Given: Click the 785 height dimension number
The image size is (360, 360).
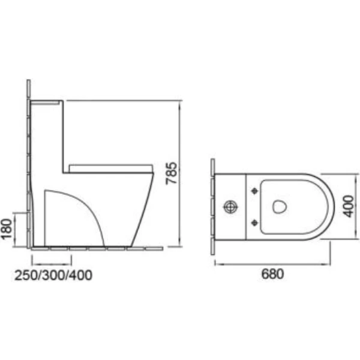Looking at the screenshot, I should tap(171, 174).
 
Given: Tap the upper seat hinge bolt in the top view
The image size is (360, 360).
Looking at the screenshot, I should tap(254, 191).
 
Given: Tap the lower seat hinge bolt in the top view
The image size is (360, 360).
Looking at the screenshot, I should tap(254, 223).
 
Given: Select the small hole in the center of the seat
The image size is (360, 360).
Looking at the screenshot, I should tap(277, 206).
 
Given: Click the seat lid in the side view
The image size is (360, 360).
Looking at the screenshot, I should tap(111, 166).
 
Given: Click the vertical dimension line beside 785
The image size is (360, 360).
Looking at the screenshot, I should tap(181, 174).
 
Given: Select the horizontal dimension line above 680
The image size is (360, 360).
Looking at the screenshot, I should tap(272, 263).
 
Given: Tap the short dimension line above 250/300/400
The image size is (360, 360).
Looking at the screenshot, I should tap(51, 263).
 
